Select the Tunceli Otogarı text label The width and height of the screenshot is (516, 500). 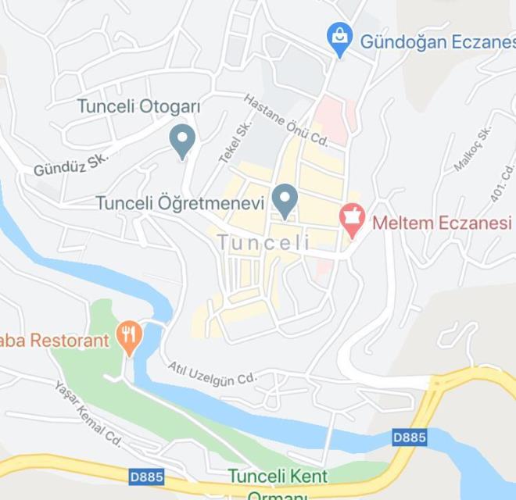[139, 105]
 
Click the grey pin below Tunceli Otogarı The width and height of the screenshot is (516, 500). [182, 141]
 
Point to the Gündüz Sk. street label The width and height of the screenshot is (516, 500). [70, 162]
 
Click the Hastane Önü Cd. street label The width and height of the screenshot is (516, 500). [285, 120]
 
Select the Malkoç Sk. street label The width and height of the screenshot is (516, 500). [472, 148]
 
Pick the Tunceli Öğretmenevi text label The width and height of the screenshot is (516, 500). [180, 202]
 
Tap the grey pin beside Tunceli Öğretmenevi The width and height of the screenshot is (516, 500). [285, 200]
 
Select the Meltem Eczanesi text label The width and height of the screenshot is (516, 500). [441, 223]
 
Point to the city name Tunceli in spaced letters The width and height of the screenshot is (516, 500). [263, 243]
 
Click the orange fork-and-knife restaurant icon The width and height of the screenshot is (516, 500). [128, 337]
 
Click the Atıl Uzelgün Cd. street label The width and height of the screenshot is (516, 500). [212, 372]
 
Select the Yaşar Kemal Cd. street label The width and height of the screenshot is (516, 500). [88, 412]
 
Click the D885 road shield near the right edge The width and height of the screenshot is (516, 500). [410, 437]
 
